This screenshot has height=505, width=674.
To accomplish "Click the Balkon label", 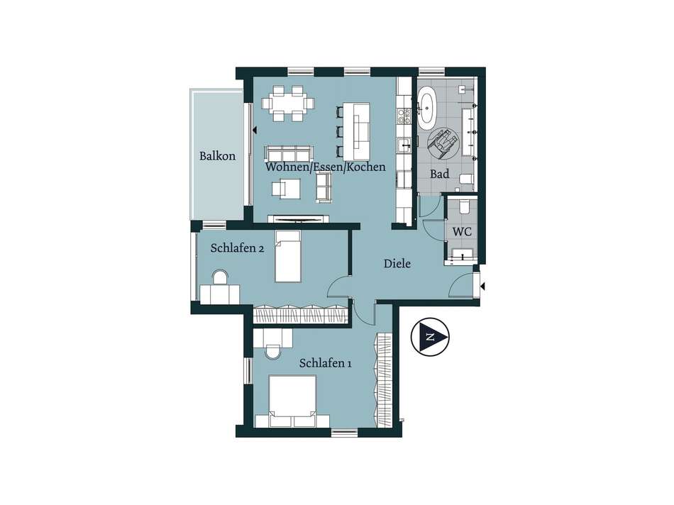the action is pyautogui.click(x=218, y=155).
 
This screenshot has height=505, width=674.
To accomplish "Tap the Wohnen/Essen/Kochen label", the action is pyautogui.click(x=326, y=167).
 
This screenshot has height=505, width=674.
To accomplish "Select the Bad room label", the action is pyautogui.click(x=440, y=174).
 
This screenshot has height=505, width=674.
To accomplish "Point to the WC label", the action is pyautogui.click(x=462, y=232).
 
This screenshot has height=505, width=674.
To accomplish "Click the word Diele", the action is pyautogui.click(x=397, y=263).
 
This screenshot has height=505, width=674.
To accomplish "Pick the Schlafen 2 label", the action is pyautogui.click(x=237, y=248).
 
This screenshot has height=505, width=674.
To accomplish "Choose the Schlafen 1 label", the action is pyautogui.click(x=326, y=363).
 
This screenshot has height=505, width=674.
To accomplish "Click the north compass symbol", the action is pyautogui.click(x=430, y=336).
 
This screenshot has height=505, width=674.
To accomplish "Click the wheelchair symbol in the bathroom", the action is pyautogui.click(x=443, y=141).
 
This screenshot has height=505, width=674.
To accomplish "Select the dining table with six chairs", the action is pyautogui.click(x=288, y=104).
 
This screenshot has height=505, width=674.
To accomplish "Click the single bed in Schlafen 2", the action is pyautogui.click(x=288, y=256).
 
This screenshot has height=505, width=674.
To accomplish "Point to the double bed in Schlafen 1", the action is pyautogui.click(x=292, y=401).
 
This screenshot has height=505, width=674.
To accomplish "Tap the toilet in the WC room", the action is pyautogui.click(x=464, y=206).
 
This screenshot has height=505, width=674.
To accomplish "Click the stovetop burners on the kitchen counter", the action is pyautogui.click(x=404, y=115).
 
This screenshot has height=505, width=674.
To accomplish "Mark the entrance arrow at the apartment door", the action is pyautogui.click(x=483, y=287).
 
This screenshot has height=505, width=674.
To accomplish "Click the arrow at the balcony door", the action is pyautogui.click(x=255, y=129).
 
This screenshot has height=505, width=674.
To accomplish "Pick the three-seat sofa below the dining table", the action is pyautogui.click(x=289, y=153).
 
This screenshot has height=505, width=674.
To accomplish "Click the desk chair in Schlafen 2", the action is pyautogui.click(x=221, y=277).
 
